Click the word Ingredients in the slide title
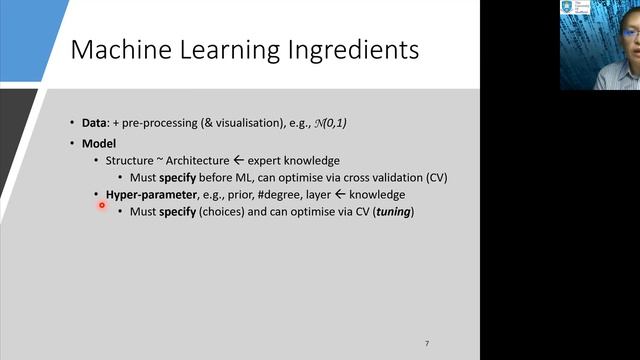337,49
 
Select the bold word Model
99,143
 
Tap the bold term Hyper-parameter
152,195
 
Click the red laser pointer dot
102,206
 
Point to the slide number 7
427,344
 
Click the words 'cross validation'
376,177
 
